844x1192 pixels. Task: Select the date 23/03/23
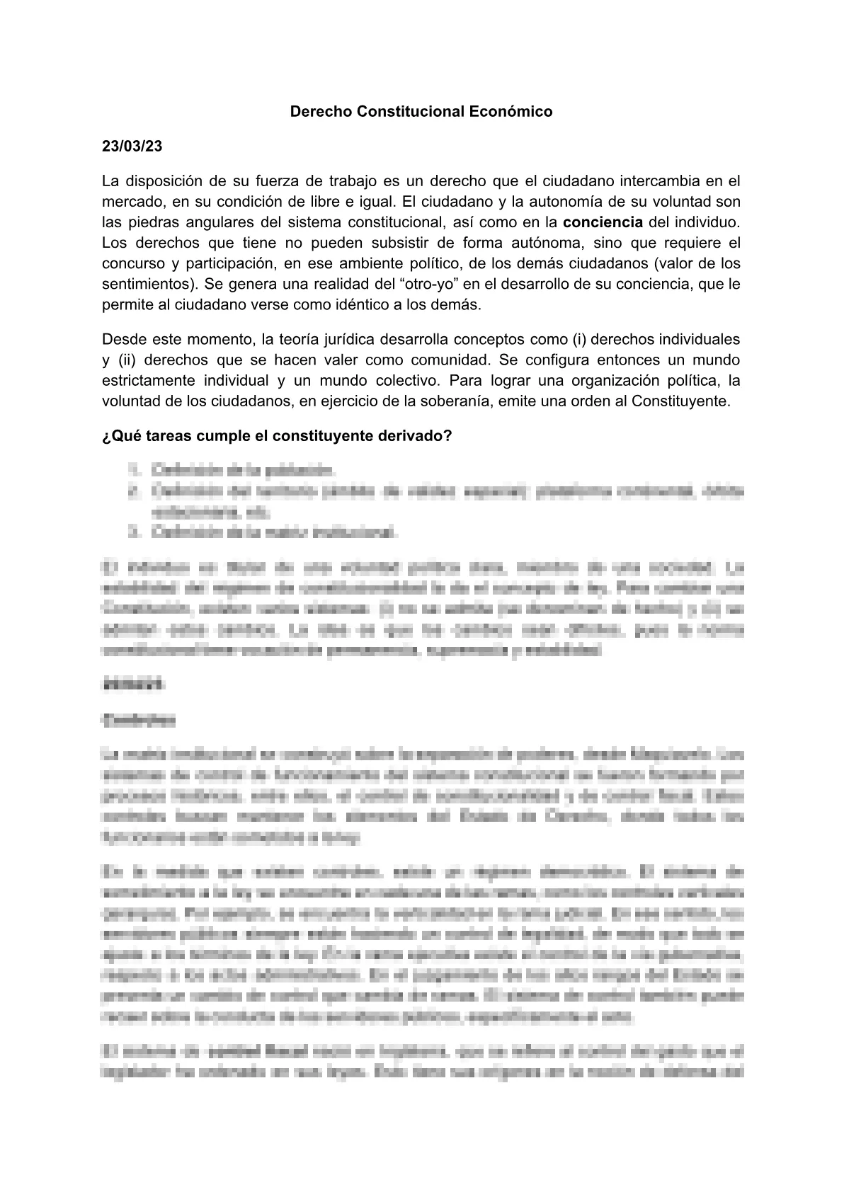coord(132,147)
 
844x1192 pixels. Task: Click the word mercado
coord(132,202)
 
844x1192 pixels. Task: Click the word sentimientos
coord(148,284)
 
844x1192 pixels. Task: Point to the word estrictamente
coord(146,380)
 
